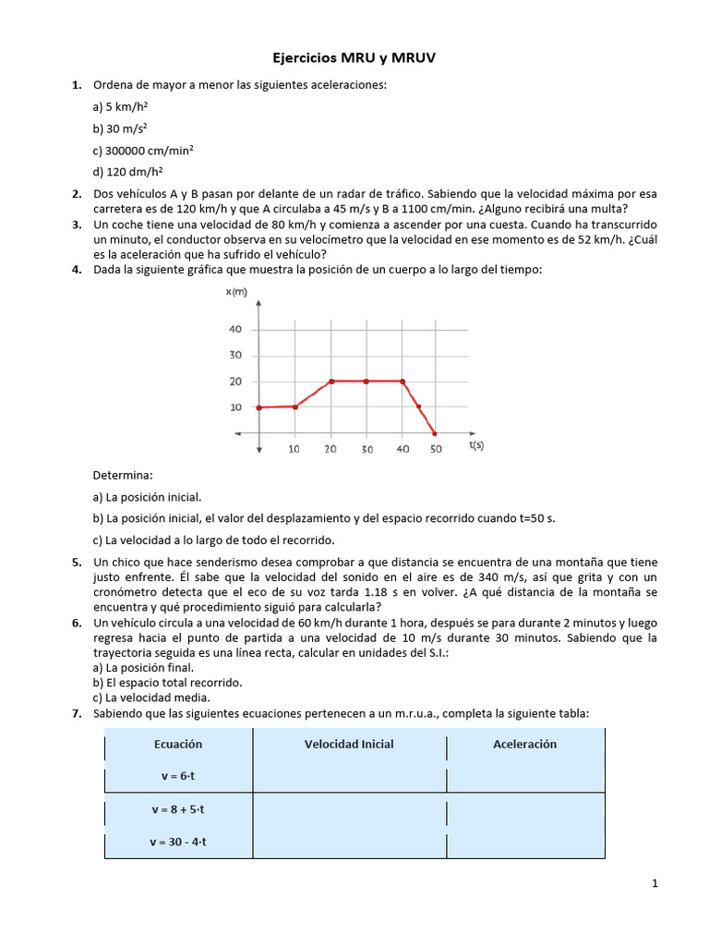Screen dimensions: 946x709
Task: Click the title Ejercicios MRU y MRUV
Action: click(x=354, y=58)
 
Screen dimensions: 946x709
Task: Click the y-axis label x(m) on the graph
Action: click(x=236, y=292)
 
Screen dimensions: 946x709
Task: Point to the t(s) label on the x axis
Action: click(x=476, y=445)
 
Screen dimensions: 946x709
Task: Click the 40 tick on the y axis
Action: click(x=234, y=330)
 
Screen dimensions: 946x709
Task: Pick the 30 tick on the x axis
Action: click(x=367, y=449)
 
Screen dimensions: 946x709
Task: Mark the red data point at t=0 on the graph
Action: click(x=260, y=407)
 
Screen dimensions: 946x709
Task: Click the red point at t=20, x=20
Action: click(x=331, y=381)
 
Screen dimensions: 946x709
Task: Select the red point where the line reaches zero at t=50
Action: click(x=436, y=433)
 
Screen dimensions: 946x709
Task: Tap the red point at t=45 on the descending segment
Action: click(x=419, y=406)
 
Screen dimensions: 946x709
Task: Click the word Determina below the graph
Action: click(x=122, y=475)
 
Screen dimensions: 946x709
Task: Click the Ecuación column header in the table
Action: click(x=178, y=744)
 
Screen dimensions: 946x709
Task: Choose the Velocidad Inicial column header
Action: click(x=349, y=744)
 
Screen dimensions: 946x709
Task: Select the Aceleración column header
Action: click(x=524, y=744)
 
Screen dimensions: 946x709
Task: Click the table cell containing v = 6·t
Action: click(x=178, y=776)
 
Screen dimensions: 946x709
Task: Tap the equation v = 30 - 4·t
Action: click(x=178, y=842)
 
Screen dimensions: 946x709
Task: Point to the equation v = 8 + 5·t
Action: click(x=178, y=809)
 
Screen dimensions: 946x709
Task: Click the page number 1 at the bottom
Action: click(x=655, y=884)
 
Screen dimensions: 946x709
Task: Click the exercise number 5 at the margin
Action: click(x=76, y=562)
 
